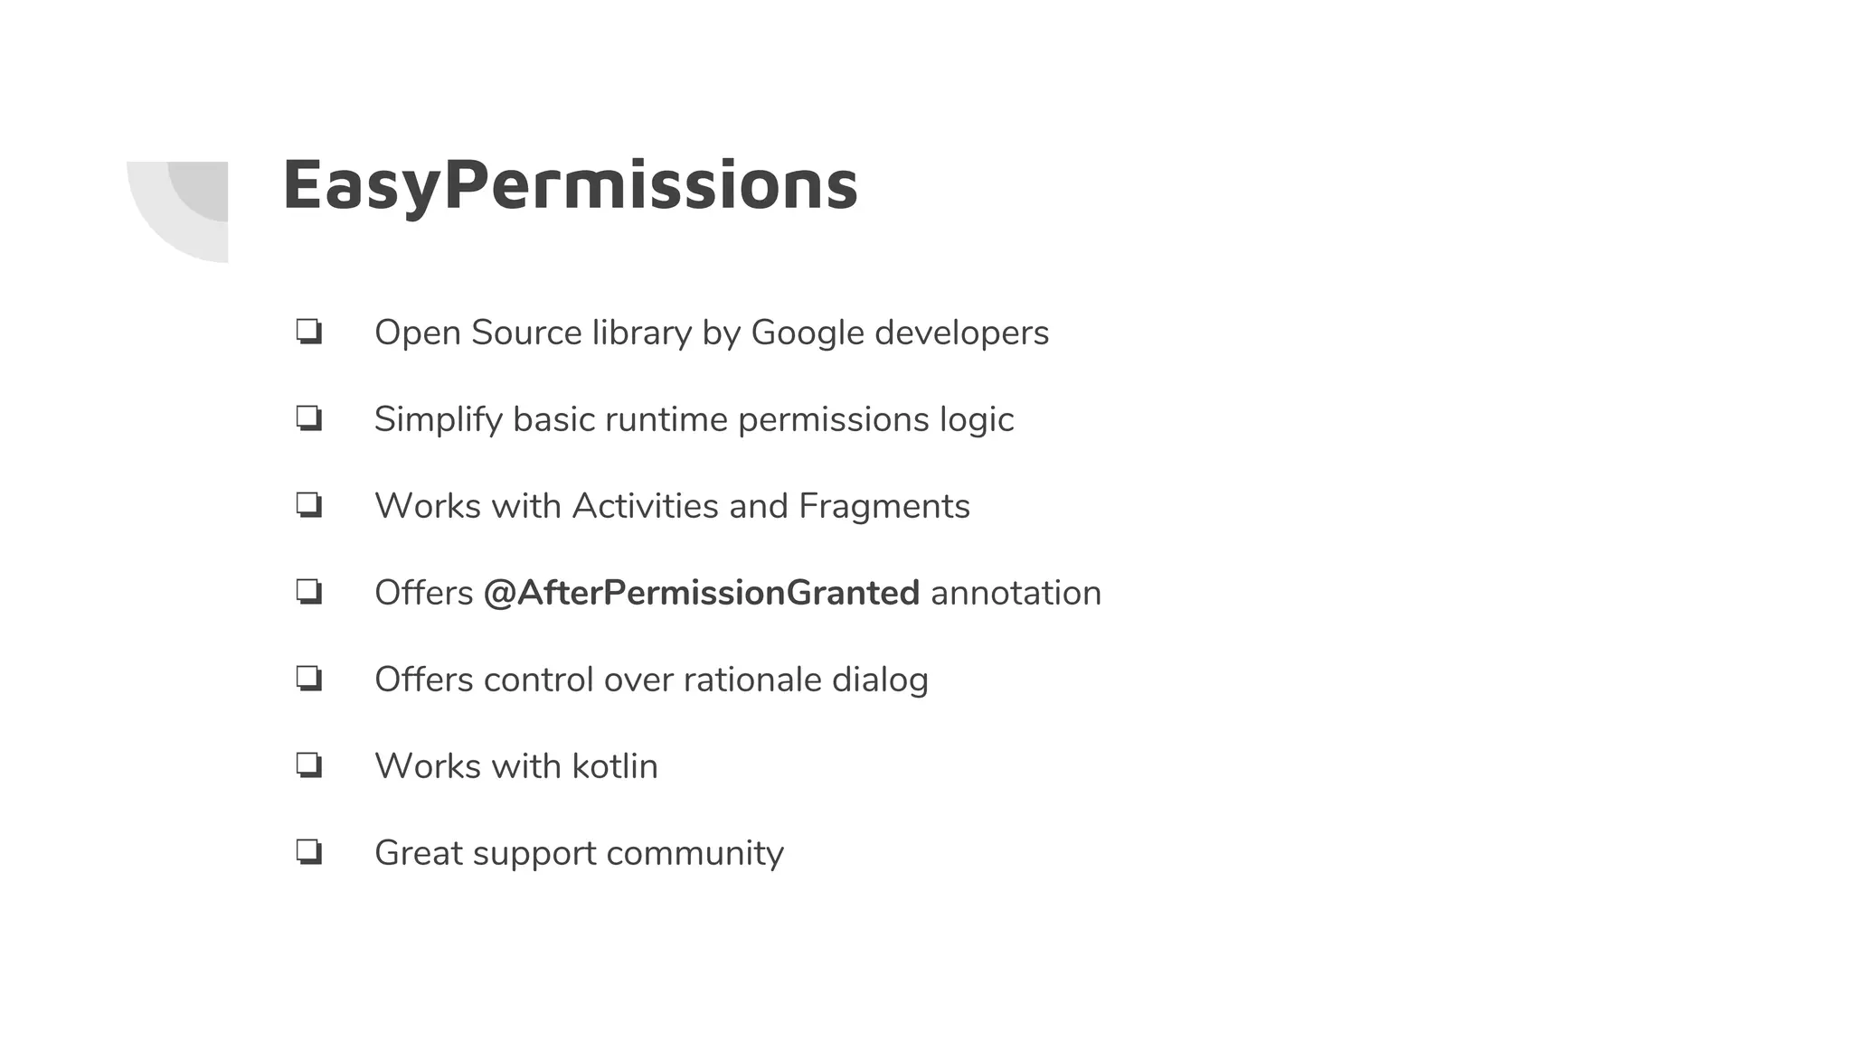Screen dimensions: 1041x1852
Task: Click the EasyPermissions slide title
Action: tap(570, 185)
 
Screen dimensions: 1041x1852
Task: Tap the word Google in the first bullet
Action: tap(808, 333)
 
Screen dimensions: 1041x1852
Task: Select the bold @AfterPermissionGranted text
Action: tap(701, 593)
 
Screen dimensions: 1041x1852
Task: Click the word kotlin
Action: tap(615, 766)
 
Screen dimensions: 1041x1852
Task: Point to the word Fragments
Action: tap(883, 506)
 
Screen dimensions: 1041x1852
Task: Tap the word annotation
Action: tap(1016, 593)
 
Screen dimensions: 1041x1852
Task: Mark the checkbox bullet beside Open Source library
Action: tap(309, 332)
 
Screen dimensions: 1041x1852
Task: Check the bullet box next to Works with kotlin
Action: tap(309, 765)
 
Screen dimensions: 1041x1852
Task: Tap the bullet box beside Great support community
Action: tap(309, 852)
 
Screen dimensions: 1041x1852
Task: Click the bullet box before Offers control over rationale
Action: tap(309, 679)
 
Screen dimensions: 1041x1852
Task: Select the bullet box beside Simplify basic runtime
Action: tap(309, 418)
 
